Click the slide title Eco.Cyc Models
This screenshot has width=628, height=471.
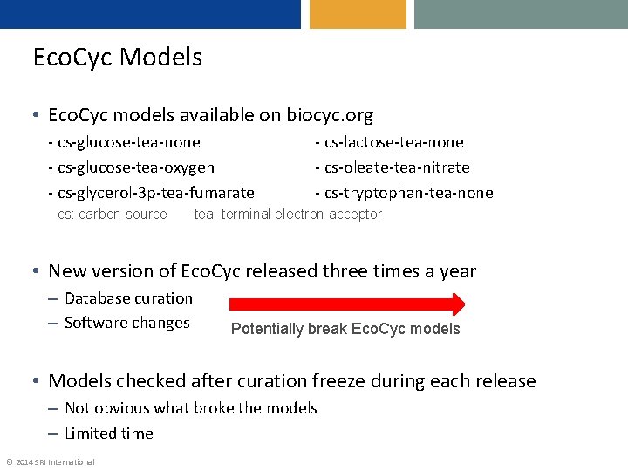(x=117, y=58)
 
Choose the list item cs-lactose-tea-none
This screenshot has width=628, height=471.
(x=389, y=142)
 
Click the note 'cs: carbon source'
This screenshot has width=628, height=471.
(x=112, y=215)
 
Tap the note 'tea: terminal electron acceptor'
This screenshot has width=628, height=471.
(x=288, y=215)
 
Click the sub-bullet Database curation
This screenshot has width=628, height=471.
(x=128, y=298)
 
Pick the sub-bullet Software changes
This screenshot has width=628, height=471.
(x=126, y=323)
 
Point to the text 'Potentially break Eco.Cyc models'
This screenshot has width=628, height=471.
(x=345, y=329)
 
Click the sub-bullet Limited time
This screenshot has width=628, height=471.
(x=108, y=433)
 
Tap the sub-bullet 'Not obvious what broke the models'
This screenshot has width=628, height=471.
(x=190, y=408)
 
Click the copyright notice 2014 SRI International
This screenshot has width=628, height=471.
(x=51, y=461)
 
